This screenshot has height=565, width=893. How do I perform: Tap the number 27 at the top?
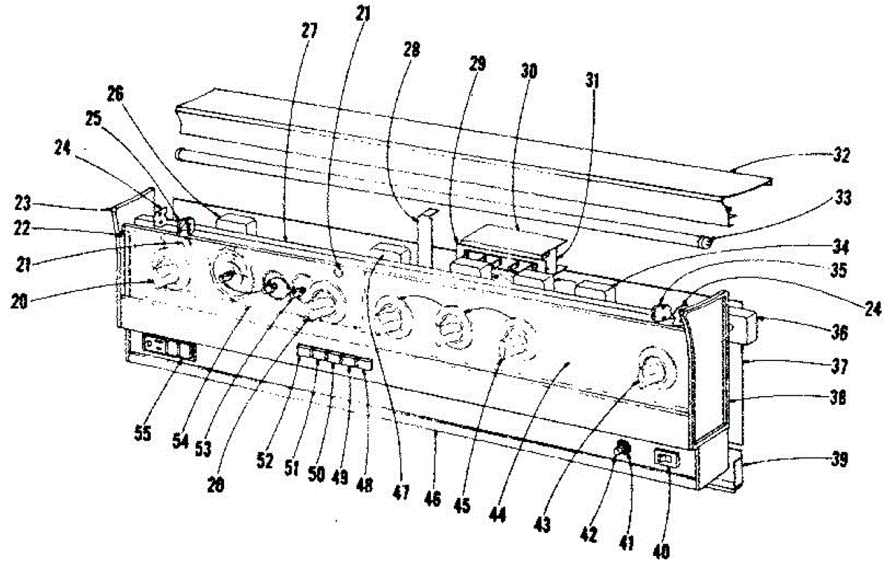point(310,31)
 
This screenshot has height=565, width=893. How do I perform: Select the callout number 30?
point(530,71)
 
